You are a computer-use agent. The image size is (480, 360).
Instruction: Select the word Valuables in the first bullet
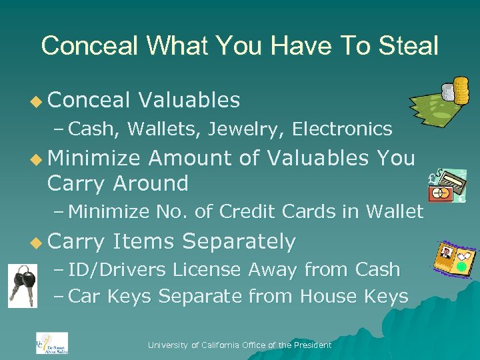[189, 100]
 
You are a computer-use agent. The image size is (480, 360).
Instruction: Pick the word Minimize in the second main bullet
[94, 158]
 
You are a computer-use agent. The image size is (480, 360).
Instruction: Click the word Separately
[239, 241]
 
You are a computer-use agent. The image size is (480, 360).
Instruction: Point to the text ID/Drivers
[118, 270]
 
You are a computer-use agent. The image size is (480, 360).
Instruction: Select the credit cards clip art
[447, 186]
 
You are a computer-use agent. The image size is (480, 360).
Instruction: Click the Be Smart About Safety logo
[51, 343]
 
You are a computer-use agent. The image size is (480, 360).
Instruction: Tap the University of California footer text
[239, 345]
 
